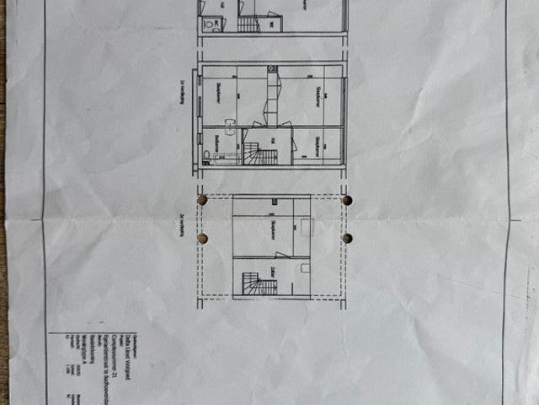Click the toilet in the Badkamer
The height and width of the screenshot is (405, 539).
[x=207, y=155]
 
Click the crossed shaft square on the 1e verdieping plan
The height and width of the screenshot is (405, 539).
[x=272, y=68]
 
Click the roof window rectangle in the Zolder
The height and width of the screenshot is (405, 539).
[x=305, y=267]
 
